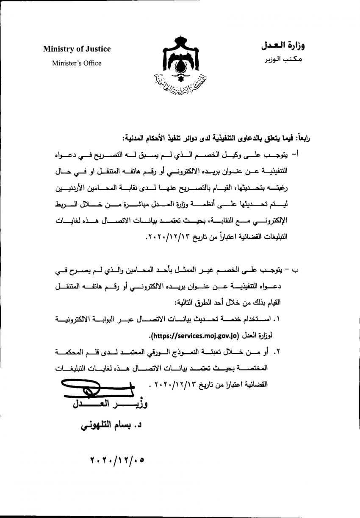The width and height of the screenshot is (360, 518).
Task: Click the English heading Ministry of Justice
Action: [x=77, y=49]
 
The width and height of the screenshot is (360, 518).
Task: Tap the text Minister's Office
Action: [x=77, y=63]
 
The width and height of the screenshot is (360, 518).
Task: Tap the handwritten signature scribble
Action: [x=89, y=389]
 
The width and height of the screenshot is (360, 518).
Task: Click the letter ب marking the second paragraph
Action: [x=301, y=271]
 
